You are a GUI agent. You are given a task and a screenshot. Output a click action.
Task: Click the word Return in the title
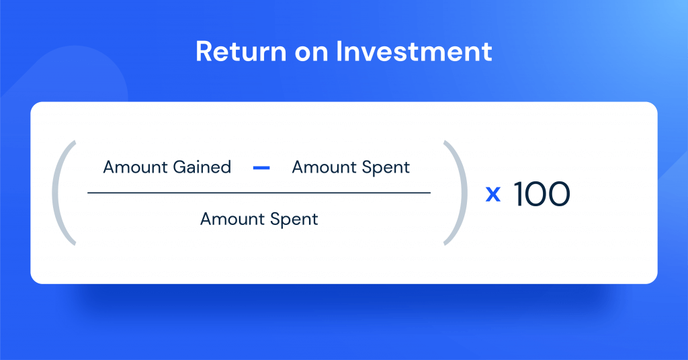pos(241,51)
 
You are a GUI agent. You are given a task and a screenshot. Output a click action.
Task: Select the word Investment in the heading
pos(414,51)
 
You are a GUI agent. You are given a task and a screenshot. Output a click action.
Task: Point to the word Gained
pos(202,167)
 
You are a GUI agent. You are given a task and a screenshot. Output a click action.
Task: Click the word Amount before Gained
pos(136,167)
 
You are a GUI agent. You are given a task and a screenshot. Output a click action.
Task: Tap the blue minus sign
pos(261,167)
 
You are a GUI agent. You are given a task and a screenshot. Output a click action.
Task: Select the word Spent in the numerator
pos(386,169)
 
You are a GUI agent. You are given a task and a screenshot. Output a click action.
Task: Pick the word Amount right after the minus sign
pos(325,167)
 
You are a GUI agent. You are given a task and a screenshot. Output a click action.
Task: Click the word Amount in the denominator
pos(232,219)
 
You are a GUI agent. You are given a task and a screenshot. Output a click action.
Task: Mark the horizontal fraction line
pos(259,193)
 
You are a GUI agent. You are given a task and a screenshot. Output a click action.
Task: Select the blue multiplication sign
pos(493,194)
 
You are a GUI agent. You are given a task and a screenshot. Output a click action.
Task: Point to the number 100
pos(542,194)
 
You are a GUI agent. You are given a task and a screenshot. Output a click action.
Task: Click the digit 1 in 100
pos(519,194)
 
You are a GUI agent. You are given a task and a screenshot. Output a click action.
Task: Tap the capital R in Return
pos(204,51)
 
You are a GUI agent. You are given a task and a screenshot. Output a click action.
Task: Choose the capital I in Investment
pos(339,51)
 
